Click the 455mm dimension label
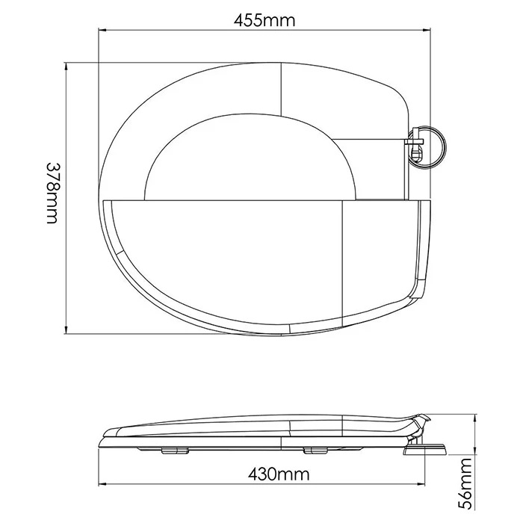[x=264, y=20]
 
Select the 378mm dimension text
[x=52, y=193]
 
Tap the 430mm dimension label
[x=279, y=474]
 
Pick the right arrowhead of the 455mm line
[x=427, y=31]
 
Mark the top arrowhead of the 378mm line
[x=66, y=66]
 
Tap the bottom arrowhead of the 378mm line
[x=66, y=329]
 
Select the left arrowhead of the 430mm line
[x=102, y=484]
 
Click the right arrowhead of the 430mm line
[x=421, y=484]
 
